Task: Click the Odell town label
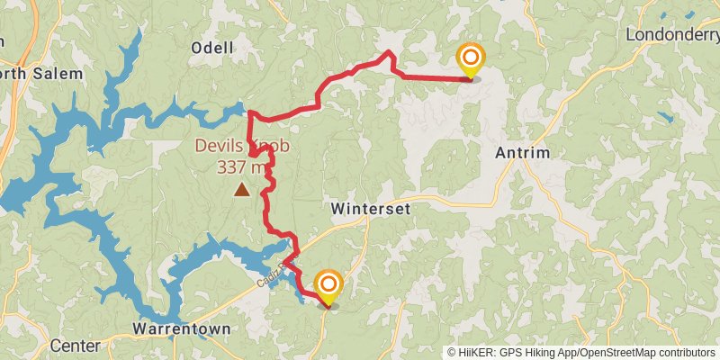[212, 48]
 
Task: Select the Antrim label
[523, 153]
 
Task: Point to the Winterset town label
[371, 208]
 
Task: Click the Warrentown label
[181, 328]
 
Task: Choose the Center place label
[75, 346]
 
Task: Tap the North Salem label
[40, 73]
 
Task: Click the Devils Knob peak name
[230, 146]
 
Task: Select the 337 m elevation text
[242, 166]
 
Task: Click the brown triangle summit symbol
[241, 189]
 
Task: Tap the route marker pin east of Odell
[470, 61]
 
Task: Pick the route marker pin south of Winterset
[328, 288]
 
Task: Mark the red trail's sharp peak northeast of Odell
[389, 53]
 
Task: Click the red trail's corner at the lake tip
[248, 112]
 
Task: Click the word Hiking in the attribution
[535, 353]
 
